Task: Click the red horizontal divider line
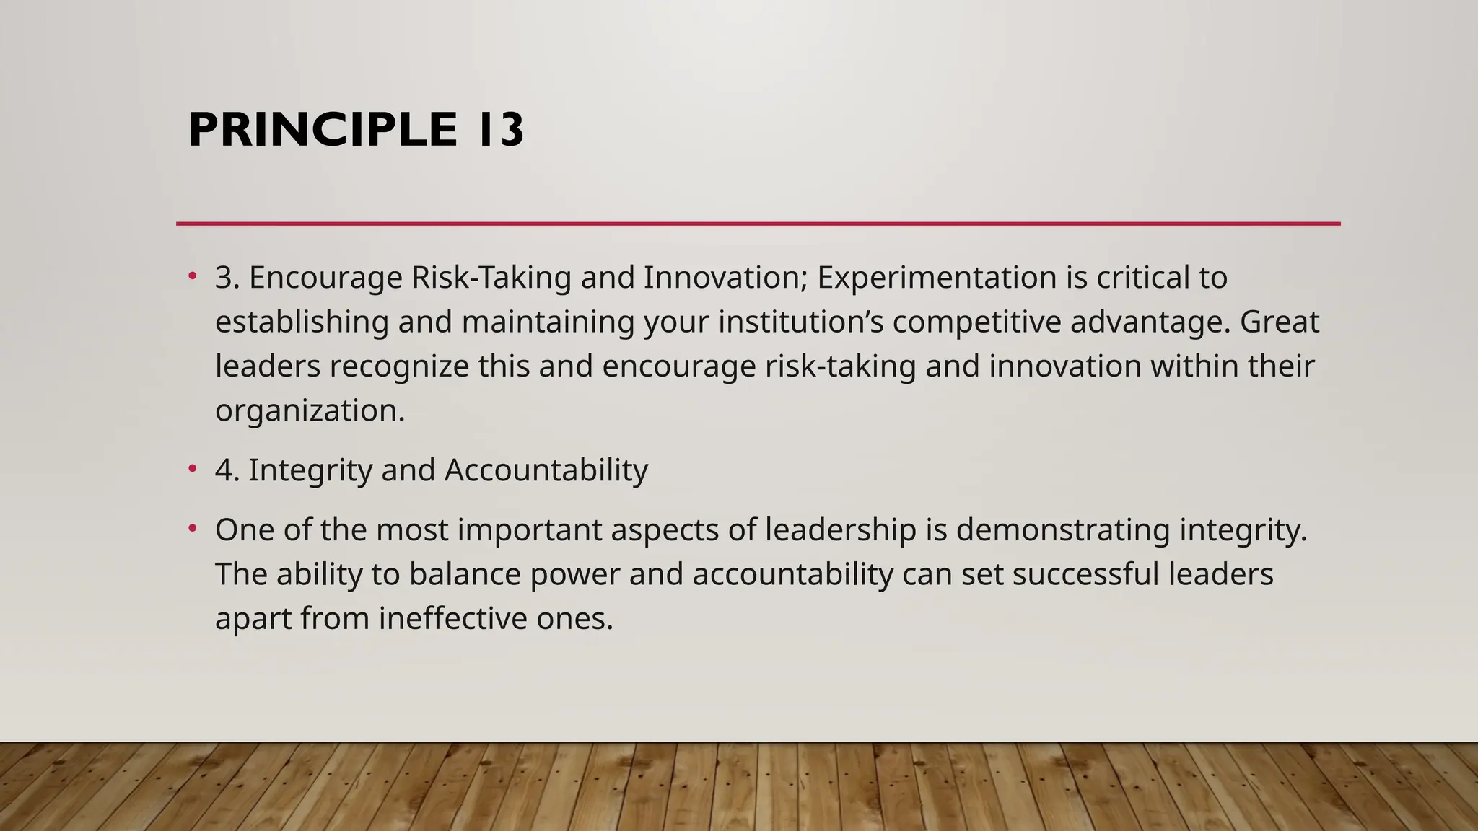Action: pos(758,224)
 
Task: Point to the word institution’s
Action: pos(800,322)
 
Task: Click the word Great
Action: pos(1279,322)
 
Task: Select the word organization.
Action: pos(309,411)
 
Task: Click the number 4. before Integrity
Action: pos(227,470)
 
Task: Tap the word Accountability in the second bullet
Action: pos(546,470)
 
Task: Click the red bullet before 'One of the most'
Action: pos(192,529)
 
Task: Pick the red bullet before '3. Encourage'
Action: pos(192,276)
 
